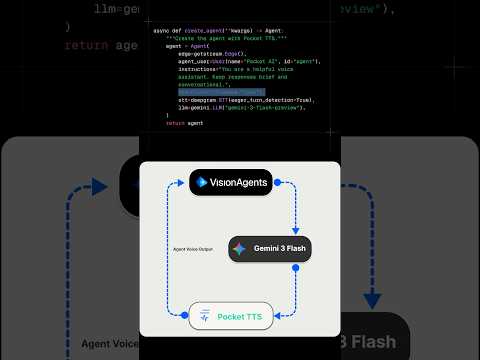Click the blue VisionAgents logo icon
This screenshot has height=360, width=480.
click(202, 183)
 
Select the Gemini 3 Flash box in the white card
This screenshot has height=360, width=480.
click(270, 249)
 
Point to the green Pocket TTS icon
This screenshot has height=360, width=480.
click(204, 316)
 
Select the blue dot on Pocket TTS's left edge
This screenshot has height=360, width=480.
click(188, 316)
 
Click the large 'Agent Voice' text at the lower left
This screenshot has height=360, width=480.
click(110, 344)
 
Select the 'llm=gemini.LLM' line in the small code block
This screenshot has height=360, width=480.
click(240, 107)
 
